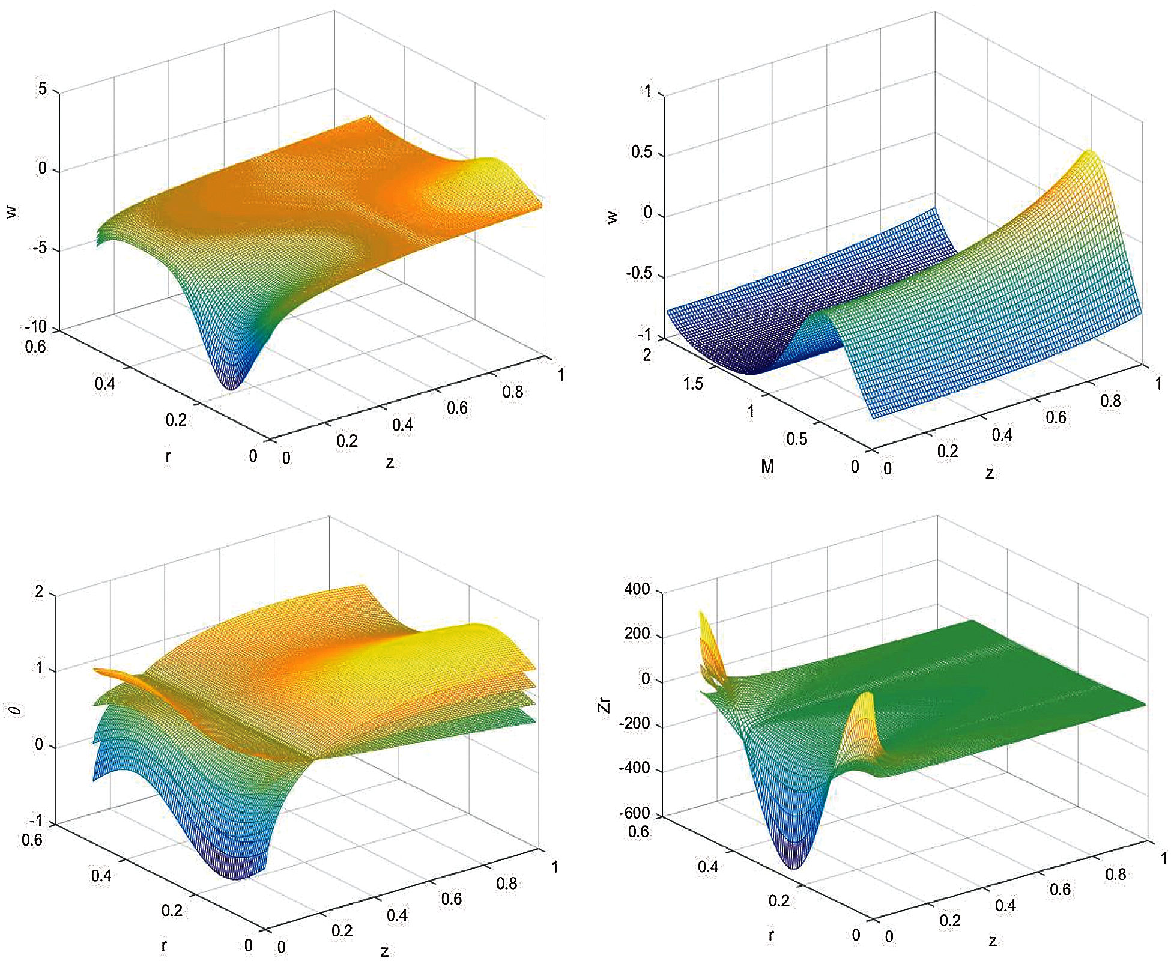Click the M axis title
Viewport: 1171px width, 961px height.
pos(767,466)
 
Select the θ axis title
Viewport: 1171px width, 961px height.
pos(16,710)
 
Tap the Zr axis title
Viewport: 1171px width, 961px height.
pos(604,705)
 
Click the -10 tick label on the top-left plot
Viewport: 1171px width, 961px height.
pos(36,327)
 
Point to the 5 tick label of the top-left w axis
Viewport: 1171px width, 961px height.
pos(42,89)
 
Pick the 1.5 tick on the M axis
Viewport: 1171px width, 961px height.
pos(692,383)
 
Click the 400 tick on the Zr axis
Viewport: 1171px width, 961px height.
pos(637,589)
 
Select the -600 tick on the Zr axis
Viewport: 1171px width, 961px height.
pos(635,813)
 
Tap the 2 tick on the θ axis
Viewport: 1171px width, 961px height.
pos(40,592)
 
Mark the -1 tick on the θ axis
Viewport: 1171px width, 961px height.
pos(37,820)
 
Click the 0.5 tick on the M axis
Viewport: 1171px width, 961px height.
pos(797,439)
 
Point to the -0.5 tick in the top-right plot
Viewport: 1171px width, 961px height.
pos(638,274)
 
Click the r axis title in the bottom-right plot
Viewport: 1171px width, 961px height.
pos(771,935)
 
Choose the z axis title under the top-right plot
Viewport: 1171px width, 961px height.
pos(990,474)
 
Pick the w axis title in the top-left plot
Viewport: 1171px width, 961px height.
pos(12,211)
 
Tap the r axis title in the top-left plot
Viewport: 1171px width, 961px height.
pos(168,456)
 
